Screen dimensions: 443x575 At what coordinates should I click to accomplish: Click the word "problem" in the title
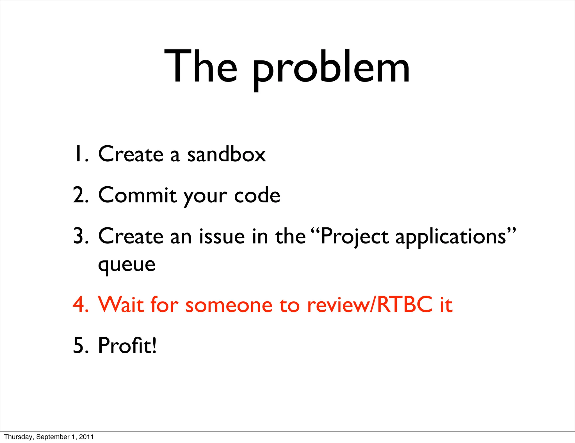[x=331, y=67]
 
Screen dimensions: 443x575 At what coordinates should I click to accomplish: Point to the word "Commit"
[x=138, y=195]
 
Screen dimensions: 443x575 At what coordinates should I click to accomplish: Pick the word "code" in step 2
[x=257, y=196]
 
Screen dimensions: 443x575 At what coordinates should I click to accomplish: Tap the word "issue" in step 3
[x=222, y=236]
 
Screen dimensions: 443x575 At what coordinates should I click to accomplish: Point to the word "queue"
[x=127, y=265]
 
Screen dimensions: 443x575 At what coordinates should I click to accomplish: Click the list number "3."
[x=81, y=236]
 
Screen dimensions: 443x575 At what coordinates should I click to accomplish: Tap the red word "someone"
[x=229, y=305]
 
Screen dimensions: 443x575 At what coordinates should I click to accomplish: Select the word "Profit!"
[x=127, y=345]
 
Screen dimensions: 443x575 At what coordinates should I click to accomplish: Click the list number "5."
[x=81, y=345]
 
